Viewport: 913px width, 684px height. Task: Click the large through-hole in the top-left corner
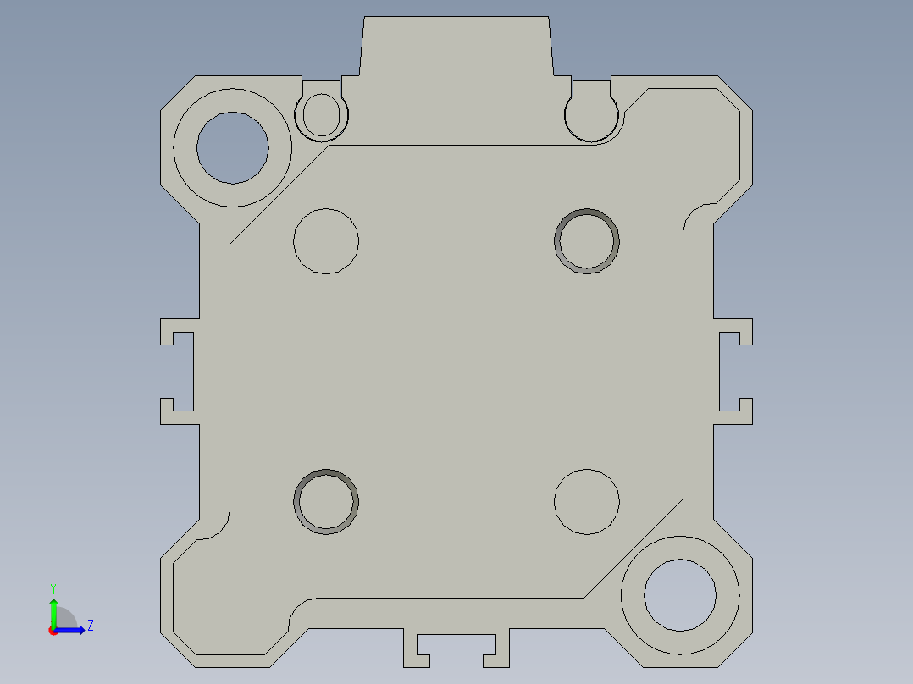(x=233, y=147)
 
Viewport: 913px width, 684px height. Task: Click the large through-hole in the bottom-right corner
(x=680, y=594)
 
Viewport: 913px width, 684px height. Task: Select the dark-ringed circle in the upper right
(x=587, y=240)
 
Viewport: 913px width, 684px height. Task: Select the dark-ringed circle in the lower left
(x=326, y=501)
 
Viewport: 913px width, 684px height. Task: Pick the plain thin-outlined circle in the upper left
(x=326, y=240)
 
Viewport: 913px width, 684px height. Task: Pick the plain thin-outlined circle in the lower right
(x=587, y=501)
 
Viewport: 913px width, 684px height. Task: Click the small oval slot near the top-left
(x=321, y=114)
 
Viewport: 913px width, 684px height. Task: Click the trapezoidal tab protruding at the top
(x=456, y=47)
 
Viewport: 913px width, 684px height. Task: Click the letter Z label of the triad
(x=90, y=626)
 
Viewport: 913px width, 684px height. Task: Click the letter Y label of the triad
(x=53, y=587)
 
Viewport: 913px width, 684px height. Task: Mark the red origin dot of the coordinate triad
(x=53, y=631)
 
